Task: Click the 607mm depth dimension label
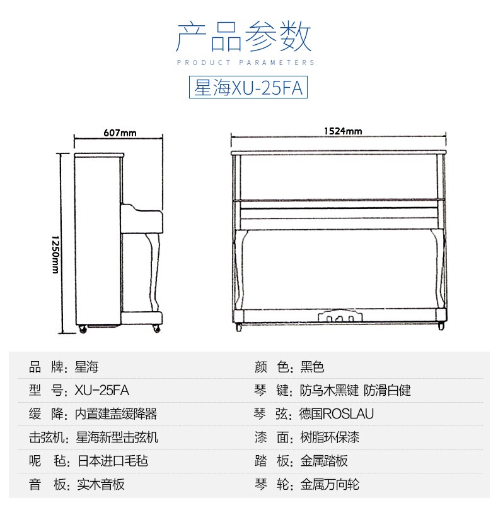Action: [120, 133]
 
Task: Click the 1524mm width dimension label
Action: [343, 131]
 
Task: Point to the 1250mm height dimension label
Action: [55, 254]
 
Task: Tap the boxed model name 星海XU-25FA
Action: [248, 87]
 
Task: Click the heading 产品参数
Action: [243, 36]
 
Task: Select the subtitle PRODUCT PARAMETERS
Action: [245, 62]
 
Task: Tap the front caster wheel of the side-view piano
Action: [157, 328]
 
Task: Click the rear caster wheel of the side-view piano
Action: [83, 329]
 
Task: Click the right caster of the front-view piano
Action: [441, 326]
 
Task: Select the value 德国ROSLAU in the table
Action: [337, 414]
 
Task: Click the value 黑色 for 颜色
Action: [312, 367]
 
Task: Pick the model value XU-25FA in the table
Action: [101, 390]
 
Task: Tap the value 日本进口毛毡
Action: [113, 461]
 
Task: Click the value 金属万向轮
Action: [330, 484]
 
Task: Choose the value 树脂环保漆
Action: [330, 437]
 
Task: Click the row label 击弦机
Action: [47, 437]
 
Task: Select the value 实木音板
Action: [101, 484]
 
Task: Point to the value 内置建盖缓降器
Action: [116, 414]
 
